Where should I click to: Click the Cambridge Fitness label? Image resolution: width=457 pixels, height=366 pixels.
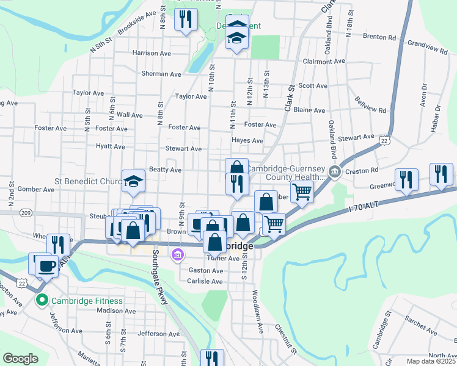pyautogui.click(x=87, y=301)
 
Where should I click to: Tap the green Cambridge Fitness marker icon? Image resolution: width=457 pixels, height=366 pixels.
pyautogui.click(x=42, y=300)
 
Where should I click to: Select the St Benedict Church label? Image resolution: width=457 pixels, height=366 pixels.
pyautogui.click(x=89, y=181)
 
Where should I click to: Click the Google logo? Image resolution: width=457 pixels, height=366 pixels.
pyautogui.click(x=20, y=359)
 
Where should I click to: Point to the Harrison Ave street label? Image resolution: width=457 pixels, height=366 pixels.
pyautogui.click(x=152, y=53)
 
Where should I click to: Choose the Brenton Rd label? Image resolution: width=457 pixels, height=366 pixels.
pyautogui.click(x=381, y=37)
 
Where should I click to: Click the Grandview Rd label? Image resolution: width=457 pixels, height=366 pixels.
pyautogui.click(x=427, y=44)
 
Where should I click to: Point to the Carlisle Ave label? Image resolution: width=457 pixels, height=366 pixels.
pyautogui.click(x=205, y=281)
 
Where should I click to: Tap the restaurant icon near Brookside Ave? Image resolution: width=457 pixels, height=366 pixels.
pyautogui.click(x=185, y=20)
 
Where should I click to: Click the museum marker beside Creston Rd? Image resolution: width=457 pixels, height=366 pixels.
pyautogui.click(x=334, y=171)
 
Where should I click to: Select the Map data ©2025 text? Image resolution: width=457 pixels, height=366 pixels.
pyautogui.click(x=431, y=361)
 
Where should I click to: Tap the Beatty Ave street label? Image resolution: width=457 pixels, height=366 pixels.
pyautogui.click(x=166, y=170)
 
